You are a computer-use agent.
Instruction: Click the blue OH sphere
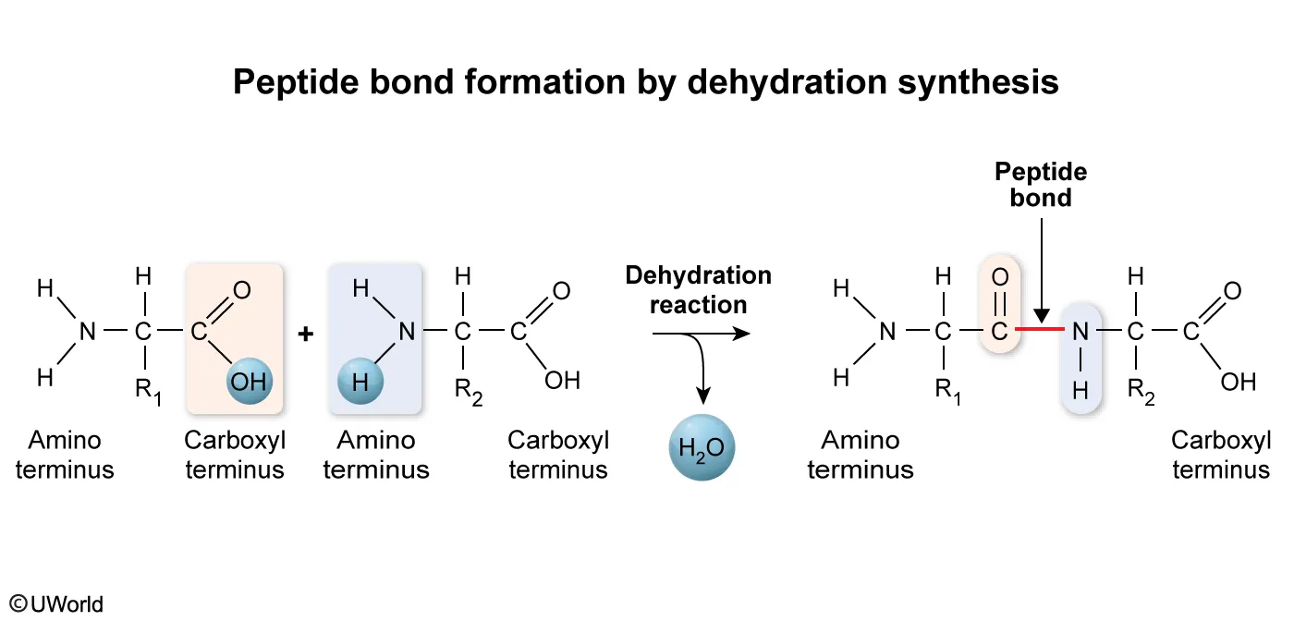(x=248, y=382)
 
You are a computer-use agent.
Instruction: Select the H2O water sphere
(x=702, y=450)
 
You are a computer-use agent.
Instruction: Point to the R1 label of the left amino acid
(x=148, y=390)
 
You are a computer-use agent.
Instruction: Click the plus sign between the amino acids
(x=306, y=334)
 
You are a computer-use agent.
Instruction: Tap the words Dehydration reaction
(x=698, y=289)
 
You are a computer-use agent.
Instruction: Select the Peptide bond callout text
(x=1041, y=185)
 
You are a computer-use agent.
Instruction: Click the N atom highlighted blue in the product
(x=1079, y=330)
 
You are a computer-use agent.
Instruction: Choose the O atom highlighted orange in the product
(x=1000, y=276)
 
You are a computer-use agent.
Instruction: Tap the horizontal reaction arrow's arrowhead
(x=741, y=333)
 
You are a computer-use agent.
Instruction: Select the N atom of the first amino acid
(x=87, y=331)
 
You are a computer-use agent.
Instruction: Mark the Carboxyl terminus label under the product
(x=1220, y=455)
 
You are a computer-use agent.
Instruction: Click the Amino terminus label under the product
(x=860, y=455)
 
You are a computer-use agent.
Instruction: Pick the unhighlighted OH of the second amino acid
(x=562, y=381)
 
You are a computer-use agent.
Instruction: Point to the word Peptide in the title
(x=287, y=82)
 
